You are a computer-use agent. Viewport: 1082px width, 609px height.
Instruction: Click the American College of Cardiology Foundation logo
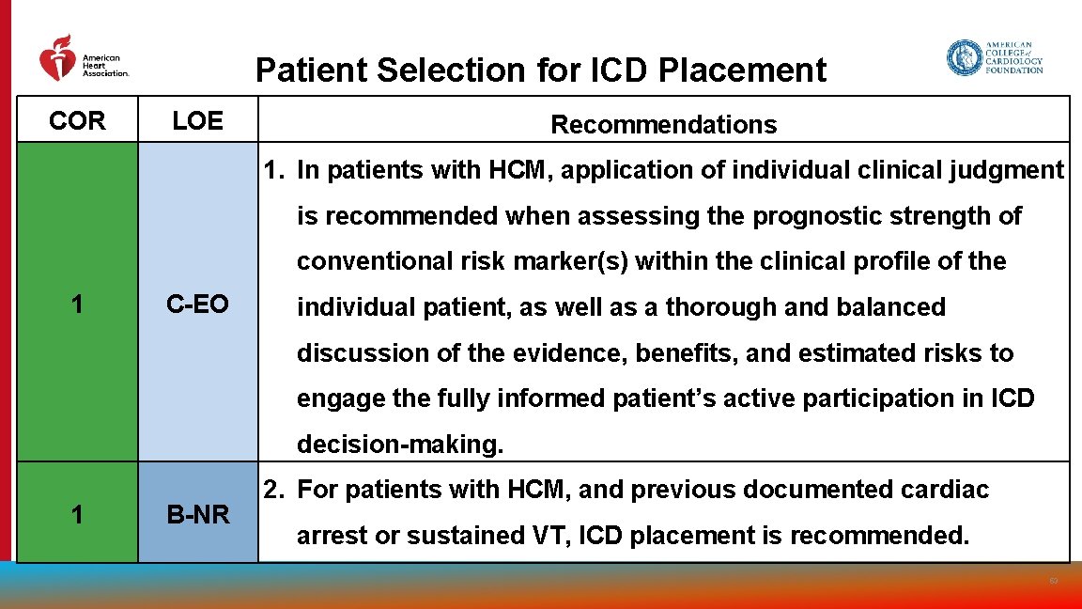994,58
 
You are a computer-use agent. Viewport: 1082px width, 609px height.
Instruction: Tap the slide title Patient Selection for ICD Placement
541,70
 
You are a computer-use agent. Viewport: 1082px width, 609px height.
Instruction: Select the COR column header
77,120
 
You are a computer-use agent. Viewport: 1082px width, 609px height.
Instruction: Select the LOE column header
197,120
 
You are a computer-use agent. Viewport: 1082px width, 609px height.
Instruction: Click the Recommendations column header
663,124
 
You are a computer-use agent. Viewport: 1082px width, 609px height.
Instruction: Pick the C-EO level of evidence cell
197,304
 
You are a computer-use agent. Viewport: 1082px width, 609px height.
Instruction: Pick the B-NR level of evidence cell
197,514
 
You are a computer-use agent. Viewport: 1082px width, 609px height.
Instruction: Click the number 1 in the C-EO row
77,304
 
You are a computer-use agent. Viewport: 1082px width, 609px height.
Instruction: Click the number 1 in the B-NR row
77,514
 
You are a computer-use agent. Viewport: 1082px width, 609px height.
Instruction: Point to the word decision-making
400,445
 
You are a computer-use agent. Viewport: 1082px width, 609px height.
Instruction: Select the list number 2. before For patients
273,490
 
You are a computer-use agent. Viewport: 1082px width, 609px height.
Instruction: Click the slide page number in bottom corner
1054,582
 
